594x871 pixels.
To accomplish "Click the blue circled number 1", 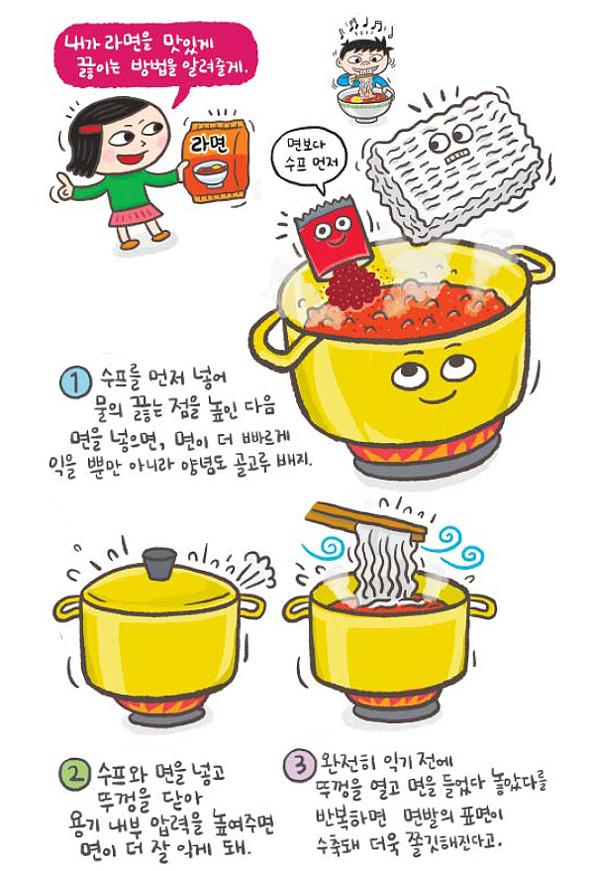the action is coord(75,382).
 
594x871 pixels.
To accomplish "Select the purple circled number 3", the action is coord(300,765).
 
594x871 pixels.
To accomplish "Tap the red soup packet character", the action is coord(332,235).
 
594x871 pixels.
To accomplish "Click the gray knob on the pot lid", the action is coord(159,564).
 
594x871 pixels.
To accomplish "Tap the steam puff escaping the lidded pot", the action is coord(255,572).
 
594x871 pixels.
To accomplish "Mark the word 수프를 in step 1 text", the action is coord(121,379).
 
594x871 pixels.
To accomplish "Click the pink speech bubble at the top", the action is coord(156,59).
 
